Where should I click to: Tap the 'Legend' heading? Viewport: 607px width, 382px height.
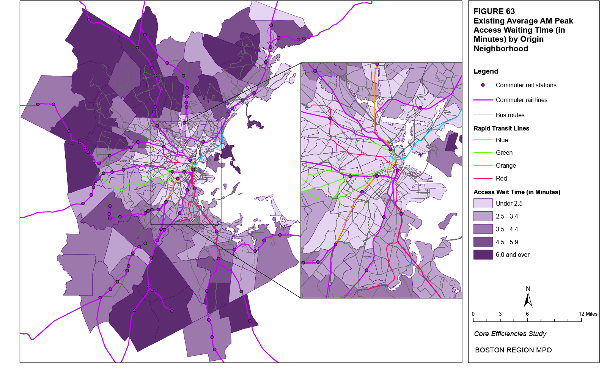(486, 71)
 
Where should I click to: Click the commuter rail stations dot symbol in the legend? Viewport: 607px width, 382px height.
(483, 85)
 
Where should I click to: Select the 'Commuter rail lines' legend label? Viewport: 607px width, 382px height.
(521, 100)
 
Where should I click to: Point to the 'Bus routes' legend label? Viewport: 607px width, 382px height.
(510, 115)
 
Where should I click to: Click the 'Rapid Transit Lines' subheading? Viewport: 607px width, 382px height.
(501, 128)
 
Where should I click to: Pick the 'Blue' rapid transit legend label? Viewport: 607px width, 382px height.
(502, 140)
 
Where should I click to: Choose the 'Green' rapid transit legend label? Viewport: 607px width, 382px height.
(504, 153)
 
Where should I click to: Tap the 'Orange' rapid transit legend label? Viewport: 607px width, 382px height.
(506, 166)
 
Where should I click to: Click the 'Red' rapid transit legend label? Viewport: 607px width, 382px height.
(501, 179)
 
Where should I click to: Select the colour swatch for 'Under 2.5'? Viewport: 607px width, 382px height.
(483, 203)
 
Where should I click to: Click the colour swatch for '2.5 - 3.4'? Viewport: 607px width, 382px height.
(483, 216)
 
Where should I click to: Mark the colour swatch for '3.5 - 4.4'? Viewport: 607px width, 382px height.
(483, 229)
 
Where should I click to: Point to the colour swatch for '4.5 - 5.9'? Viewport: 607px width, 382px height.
(483, 242)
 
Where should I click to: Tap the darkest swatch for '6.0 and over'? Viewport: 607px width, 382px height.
(483, 255)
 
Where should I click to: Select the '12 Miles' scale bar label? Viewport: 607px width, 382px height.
(588, 314)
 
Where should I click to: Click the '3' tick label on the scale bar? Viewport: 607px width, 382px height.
(500, 314)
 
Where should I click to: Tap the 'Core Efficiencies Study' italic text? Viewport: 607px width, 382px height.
(510, 334)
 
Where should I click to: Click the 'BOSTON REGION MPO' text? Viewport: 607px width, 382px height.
(513, 350)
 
